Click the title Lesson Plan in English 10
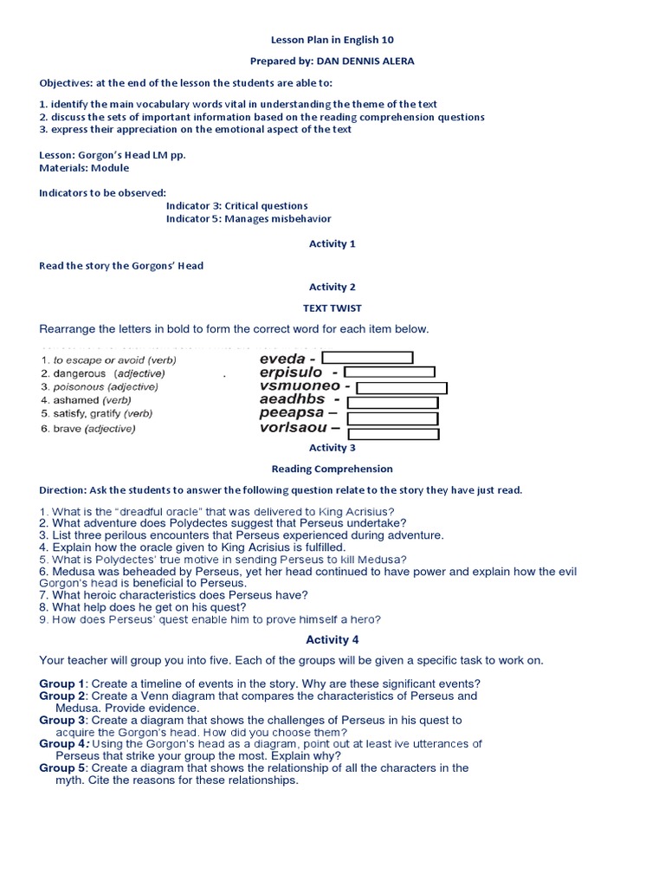[332, 40]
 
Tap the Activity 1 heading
[332, 244]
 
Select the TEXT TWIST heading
[332, 308]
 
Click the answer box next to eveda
[367, 358]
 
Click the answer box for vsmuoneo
[402, 387]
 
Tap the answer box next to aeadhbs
[392, 403]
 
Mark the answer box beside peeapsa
[392, 418]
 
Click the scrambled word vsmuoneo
[300, 386]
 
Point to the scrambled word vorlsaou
[294, 428]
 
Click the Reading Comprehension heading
[332, 469]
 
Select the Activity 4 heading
[332, 640]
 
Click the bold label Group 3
[62, 720]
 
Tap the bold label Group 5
[62, 767]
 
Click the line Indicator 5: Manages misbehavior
[249, 219]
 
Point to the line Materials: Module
[84, 168]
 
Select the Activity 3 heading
[332, 448]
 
